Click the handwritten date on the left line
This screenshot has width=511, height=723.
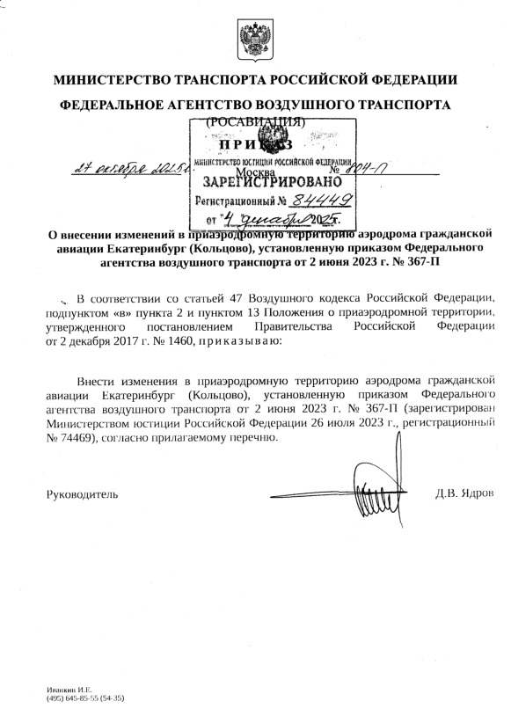point(140,167)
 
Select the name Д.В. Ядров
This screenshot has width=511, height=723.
point(464,493)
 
